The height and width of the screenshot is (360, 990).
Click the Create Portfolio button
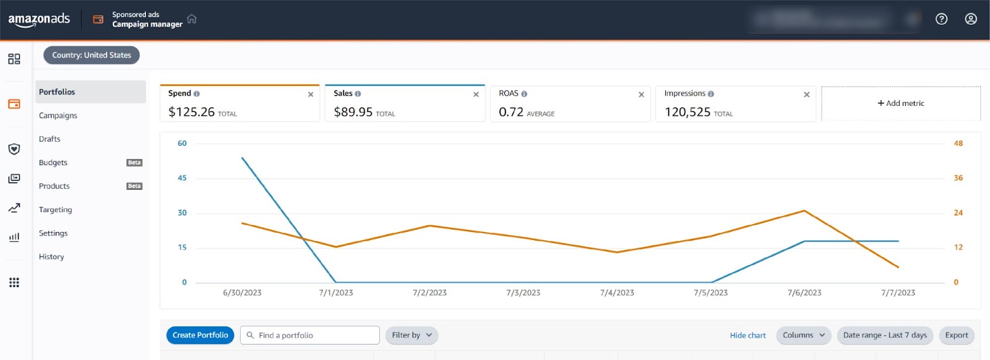click(200, 335)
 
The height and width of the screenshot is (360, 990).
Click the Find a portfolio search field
click(309, 335)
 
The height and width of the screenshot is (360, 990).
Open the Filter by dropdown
click(411, 335)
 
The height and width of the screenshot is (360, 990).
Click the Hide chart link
click(747, 335)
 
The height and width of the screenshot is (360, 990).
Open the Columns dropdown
click(803, 335)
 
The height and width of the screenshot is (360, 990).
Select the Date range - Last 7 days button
click(885, 335)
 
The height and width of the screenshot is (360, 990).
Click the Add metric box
click(900, 103)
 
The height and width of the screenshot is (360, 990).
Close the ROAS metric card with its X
click(641, 95)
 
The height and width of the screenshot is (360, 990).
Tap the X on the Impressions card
click(806, 95)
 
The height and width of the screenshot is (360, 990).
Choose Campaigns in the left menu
click(58, 116)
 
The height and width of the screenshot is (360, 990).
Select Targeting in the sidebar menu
click(56, 210)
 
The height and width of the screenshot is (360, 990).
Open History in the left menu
click(51, 257)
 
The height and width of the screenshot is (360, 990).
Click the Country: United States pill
click(92, 55)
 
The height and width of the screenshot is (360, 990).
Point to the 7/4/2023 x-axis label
click(617, 293)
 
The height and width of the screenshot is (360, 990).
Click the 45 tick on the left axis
click(182, 178)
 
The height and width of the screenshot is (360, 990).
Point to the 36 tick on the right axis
click(958, 178)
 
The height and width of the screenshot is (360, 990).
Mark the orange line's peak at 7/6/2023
click(804, 211)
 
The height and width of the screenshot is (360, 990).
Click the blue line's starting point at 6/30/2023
click(243, 158)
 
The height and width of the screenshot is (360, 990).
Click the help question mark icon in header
click(941, 19)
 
